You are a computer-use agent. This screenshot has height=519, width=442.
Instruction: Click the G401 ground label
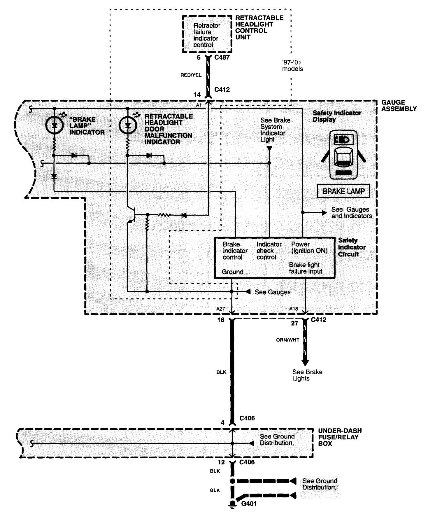(249, 504)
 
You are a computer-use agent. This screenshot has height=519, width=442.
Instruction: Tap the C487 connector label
(222, 57)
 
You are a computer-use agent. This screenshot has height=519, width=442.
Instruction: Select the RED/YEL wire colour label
(191, 75)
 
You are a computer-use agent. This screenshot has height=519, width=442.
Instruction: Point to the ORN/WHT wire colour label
(287, 340)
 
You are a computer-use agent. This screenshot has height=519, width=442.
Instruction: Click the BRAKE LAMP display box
(343, 191)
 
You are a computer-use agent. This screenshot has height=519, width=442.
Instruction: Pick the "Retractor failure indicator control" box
(207, 34)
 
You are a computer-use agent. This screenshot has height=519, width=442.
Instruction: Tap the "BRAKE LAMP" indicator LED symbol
(54, 125)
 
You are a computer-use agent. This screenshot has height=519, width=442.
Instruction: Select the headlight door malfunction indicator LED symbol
(127, 125)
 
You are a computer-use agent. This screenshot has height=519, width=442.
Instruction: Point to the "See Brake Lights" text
(307, 375)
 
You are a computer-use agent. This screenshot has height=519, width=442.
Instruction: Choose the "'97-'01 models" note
(292, 66)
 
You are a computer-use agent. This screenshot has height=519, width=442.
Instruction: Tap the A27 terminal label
(221, 309)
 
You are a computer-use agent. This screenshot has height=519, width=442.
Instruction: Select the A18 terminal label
(294, 309)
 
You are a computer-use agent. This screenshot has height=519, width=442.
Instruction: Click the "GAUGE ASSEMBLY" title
(399, 106)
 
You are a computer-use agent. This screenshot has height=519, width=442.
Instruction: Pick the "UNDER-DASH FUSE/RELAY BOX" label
(340, 437)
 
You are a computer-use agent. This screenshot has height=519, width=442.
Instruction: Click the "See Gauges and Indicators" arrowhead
(324, 213)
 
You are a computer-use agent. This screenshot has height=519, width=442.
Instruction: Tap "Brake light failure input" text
(305, 268)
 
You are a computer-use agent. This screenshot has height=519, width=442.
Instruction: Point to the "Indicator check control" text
(269, 251)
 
